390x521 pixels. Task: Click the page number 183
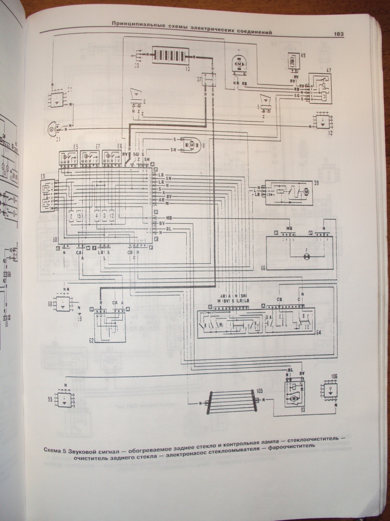point(339,34)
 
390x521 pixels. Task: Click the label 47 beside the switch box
point(329,69)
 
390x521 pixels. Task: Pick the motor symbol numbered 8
point(192,146)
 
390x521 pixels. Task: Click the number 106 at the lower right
point(334,377)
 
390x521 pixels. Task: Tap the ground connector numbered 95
point(64,399)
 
